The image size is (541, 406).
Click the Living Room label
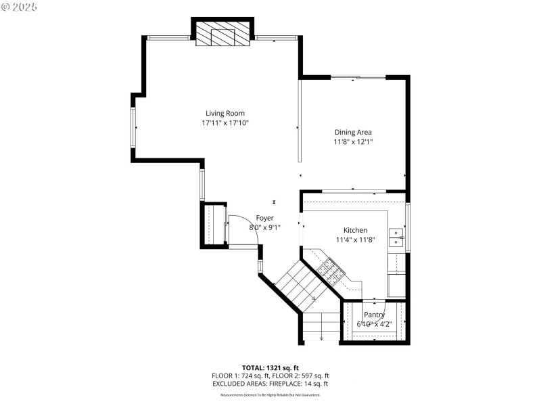coord(225,113)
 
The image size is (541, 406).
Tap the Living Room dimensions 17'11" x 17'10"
coord(225,123)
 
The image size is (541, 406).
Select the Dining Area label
coord(353,132)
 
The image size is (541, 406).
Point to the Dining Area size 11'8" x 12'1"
coord(353,142)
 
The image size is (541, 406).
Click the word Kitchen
coord(355,230)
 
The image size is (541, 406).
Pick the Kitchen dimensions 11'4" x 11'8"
coord(355,240)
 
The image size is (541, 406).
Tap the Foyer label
coord(264,218)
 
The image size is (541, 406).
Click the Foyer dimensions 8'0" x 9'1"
coord(264,227)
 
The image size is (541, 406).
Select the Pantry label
coord(374,315)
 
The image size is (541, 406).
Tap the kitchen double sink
coord(396,235)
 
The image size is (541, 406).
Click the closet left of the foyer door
coord(215,225)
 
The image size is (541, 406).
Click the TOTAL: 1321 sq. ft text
coord(270,367)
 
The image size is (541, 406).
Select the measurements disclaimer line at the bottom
coord(270,394)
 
